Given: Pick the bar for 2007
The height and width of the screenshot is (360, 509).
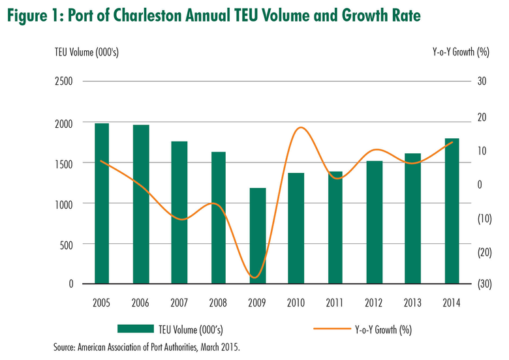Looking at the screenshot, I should click(x=179, y=213).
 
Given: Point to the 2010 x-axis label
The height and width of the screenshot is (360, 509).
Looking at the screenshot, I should click(x=296, y=303).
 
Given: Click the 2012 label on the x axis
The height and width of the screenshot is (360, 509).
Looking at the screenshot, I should click(x=374, y=303).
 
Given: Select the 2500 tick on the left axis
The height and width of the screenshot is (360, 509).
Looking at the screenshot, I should click(x=63, y=82).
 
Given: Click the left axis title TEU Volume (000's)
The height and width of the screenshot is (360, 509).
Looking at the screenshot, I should click(x=82, y=50).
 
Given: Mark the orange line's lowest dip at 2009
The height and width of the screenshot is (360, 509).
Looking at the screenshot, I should click(x=255, y=277).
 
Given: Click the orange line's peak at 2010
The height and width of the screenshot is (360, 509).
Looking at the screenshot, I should click(x=300, y=128).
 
